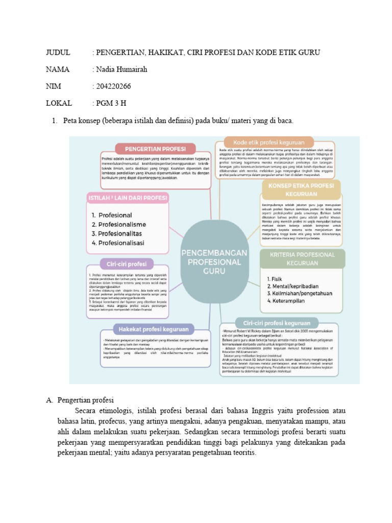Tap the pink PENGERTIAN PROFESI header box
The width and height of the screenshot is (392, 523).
156,149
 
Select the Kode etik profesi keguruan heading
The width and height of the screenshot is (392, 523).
276,142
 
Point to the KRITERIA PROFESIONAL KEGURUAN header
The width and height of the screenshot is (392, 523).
298,258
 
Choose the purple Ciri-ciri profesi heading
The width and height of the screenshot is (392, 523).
127,264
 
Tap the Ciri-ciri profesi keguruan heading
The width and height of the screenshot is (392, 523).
273,323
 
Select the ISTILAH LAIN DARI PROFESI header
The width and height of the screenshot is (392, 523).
128,198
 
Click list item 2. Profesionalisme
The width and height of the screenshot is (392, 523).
119,225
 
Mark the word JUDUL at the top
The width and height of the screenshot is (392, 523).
58,53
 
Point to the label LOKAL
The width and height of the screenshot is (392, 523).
59,104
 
